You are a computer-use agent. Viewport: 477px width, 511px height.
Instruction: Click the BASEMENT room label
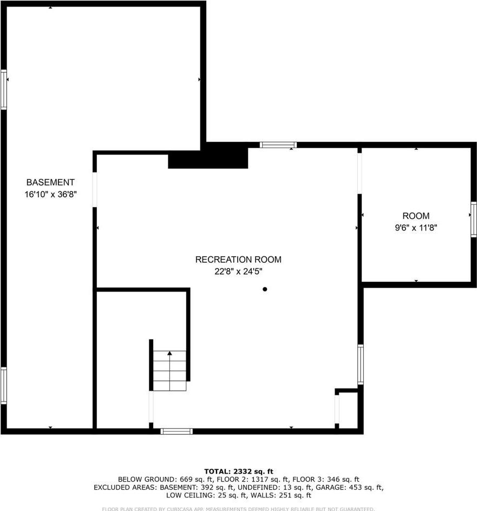pos(50,183)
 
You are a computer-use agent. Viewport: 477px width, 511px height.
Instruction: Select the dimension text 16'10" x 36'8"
pos(50,194)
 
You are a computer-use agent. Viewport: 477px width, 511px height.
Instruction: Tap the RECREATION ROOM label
pos(238,260)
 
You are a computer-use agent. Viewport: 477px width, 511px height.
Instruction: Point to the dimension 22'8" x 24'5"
pos(238,271)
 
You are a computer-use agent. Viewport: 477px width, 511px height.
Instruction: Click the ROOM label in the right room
pos(416,216)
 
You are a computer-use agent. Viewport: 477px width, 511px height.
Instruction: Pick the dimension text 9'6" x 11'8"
pos(416,228)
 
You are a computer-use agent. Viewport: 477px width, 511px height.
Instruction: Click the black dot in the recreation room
pos(265,289)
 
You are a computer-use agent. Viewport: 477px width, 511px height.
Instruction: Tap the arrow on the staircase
pos(169,353)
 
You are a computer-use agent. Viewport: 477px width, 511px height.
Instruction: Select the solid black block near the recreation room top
pos(208,157)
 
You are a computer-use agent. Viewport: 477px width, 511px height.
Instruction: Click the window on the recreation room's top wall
pos(278,145)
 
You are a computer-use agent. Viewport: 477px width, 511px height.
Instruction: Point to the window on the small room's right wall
pos(474,219)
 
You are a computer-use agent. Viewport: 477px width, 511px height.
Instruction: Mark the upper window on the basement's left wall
pos(4,89)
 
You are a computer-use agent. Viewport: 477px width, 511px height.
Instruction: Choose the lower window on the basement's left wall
pos(4,385)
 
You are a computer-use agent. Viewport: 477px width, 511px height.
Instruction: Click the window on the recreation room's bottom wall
pos(177,431)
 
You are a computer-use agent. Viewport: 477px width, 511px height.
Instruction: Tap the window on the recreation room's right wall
pos(361,364)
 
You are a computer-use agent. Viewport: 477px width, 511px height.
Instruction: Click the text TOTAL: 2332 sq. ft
pos(238,471)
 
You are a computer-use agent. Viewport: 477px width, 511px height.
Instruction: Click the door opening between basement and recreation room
pos(95,190)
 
